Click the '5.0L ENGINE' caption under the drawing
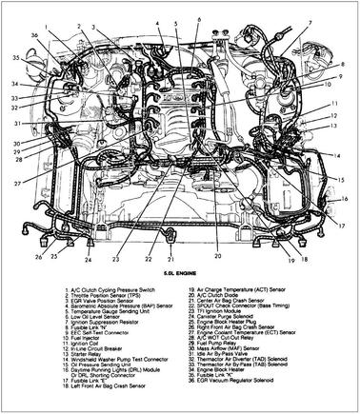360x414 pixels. [180, 274]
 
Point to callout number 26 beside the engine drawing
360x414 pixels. [39, 257]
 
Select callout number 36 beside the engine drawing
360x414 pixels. [34, 36]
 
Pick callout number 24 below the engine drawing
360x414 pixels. [88, 259]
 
